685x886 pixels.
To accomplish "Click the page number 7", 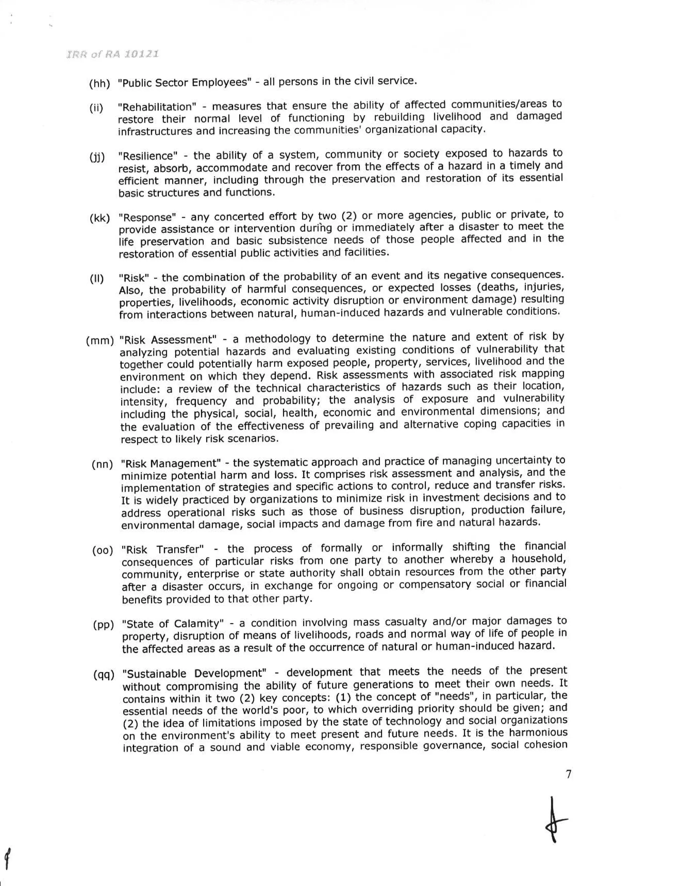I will click(568, 774).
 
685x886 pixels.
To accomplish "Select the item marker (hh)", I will click(99, 84).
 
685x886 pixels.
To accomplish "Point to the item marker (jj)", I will click(97, 157).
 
